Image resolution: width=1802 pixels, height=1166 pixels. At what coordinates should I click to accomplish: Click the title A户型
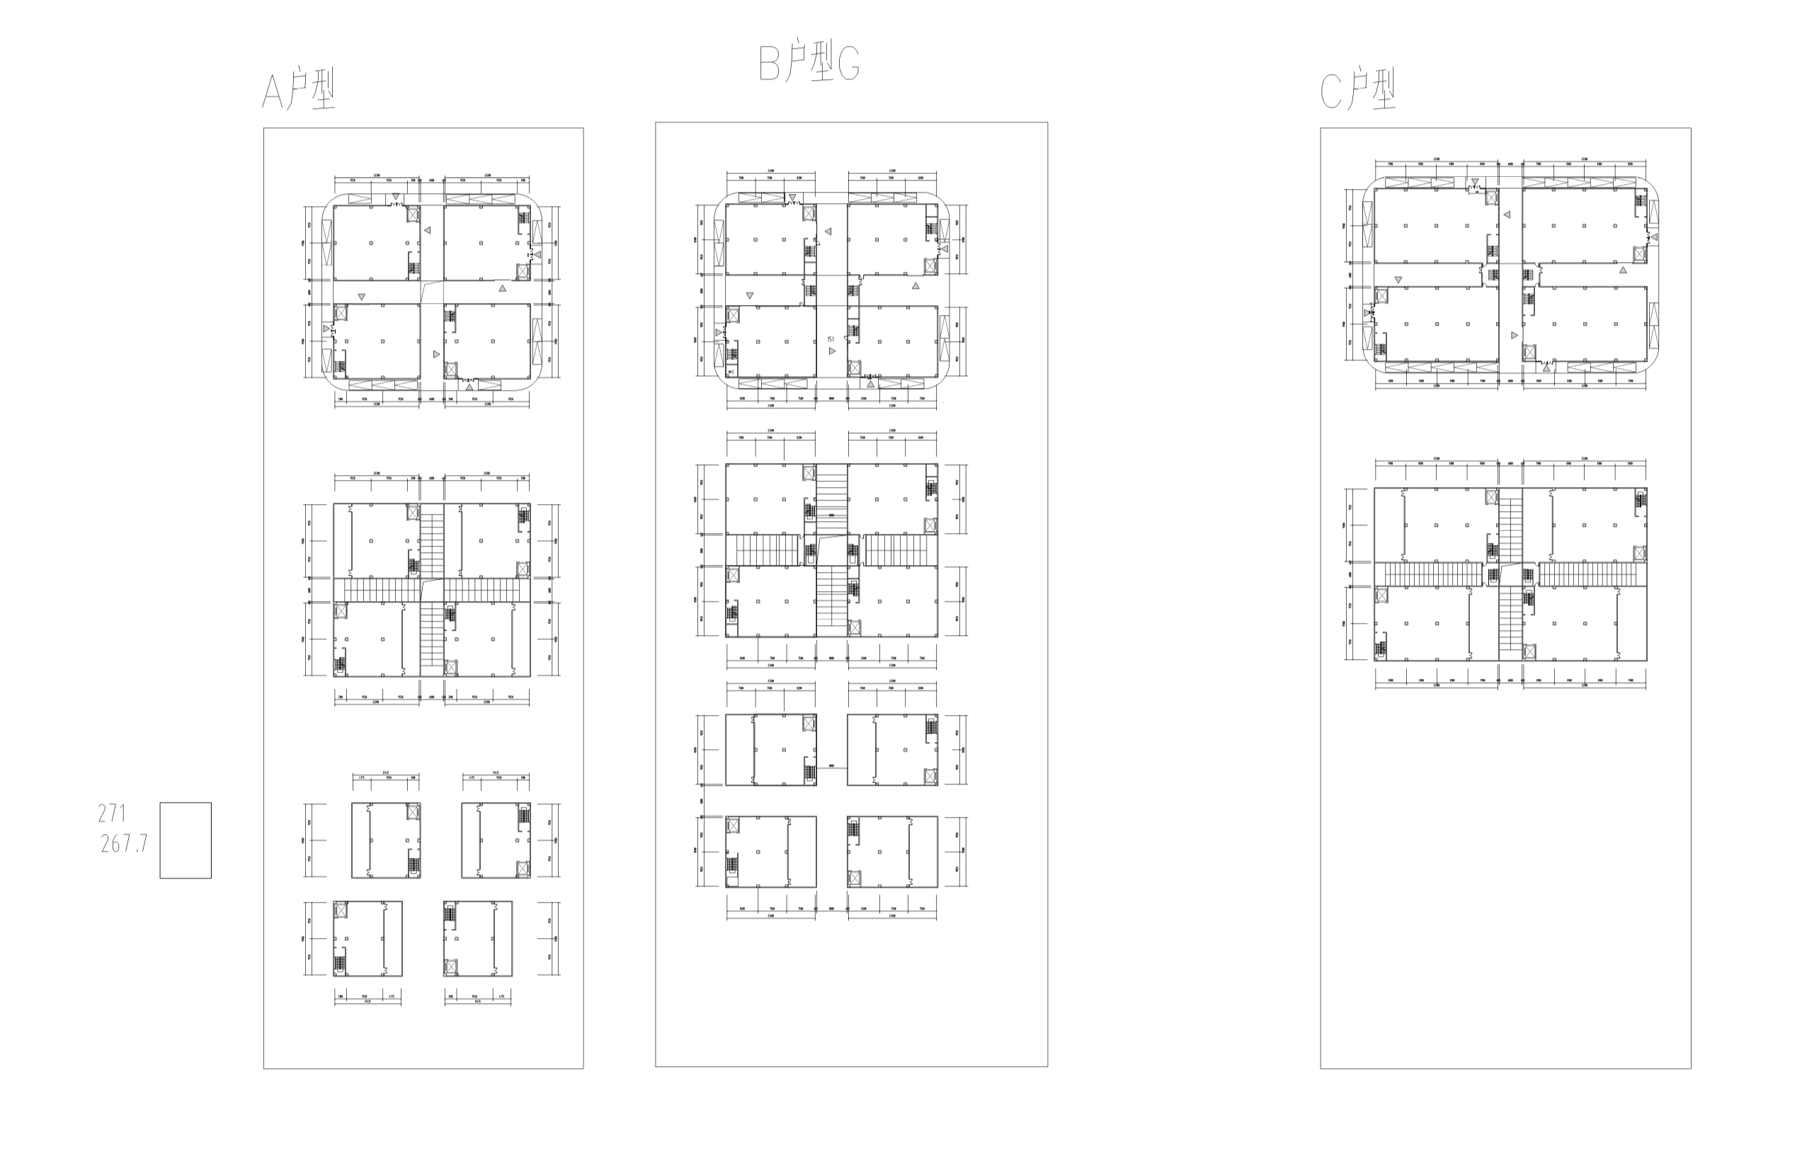pos(298,90)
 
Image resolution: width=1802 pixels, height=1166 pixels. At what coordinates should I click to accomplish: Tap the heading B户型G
pos(809,63)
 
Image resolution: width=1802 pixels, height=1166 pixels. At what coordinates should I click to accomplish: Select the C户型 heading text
pos(1357,90)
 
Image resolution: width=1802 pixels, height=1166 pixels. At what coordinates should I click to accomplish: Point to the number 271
pos(112,813)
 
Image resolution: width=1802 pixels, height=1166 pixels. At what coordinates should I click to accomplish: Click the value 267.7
pos(124,843)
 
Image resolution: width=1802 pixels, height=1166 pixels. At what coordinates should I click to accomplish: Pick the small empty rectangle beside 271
pos(186,840)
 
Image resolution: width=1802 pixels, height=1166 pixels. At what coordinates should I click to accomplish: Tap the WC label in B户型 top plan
pos(731,372)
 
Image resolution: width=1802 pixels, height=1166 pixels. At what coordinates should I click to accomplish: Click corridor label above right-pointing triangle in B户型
pos(831,339)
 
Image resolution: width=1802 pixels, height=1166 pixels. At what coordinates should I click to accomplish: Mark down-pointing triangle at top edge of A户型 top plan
pos(395,197)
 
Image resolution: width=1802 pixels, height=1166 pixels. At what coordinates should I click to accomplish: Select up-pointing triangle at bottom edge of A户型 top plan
pos(469,387)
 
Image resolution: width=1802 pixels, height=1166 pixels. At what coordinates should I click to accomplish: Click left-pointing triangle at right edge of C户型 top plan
pos(1653,237)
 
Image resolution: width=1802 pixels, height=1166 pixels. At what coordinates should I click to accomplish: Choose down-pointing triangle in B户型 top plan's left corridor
pos(750,295)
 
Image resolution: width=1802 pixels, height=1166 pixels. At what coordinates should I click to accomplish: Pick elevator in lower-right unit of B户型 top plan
pos(855,369)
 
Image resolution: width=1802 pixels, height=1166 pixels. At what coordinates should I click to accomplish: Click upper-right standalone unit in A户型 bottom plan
pos(496,840)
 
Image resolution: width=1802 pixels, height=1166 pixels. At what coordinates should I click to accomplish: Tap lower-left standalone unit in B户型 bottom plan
pos(771,852)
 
